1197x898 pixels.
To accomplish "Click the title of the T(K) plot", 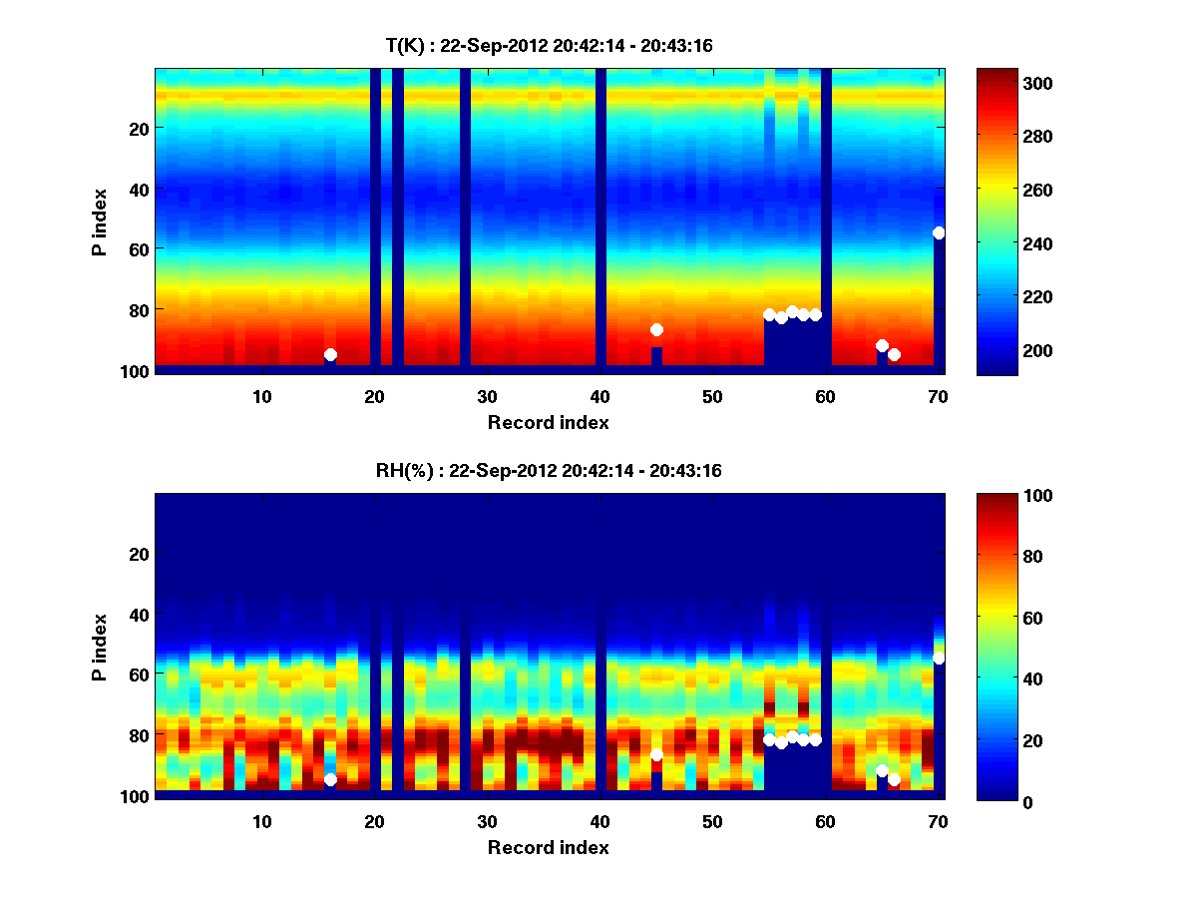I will [549, 45].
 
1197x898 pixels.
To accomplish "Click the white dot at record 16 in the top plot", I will [330, 354].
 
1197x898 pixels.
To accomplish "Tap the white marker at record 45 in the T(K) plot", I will [656, 330].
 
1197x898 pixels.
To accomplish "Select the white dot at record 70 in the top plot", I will [939, 232].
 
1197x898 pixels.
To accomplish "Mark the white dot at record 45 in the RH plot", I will [656, 754].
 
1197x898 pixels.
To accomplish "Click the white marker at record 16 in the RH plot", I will [330, 779].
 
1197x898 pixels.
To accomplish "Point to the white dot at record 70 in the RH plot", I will [939, 658].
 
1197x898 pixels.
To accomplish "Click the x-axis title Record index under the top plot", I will [549, 422].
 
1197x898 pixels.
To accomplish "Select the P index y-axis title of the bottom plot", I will [99, 648].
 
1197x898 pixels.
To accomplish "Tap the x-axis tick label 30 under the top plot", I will [487, 396].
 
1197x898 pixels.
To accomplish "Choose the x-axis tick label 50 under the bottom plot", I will [712, 821].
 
